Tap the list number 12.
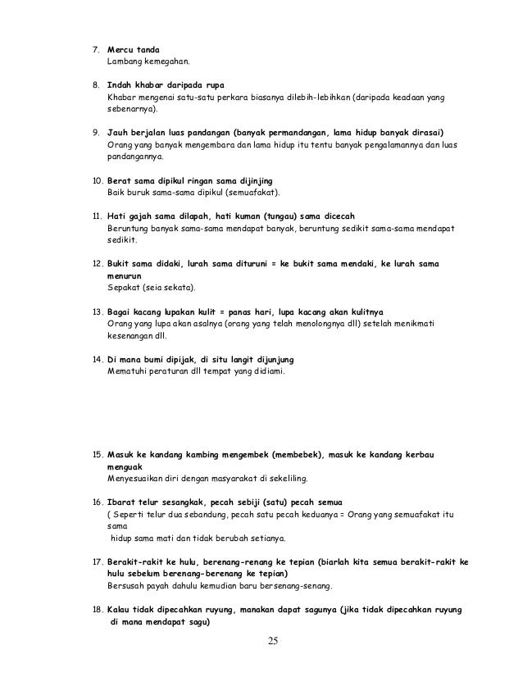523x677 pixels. point(95,265)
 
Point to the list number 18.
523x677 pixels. point(95,610)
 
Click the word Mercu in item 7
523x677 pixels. point(121,50)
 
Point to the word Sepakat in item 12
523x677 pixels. point(123,289)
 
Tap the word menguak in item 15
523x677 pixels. point(125,466)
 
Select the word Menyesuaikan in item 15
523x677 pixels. point(135,478)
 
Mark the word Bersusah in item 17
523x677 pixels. point(126,586)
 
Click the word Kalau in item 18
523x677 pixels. point(121,610)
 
